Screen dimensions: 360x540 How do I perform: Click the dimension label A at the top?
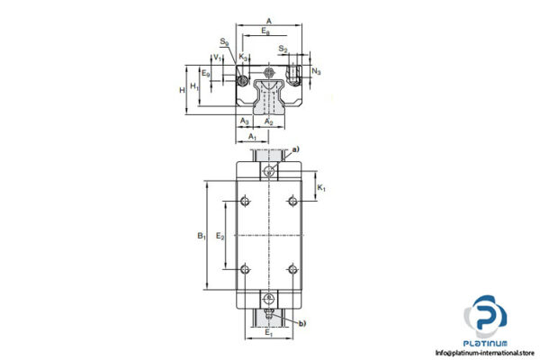point(269,20)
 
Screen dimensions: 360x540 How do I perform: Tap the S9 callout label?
point(223,41)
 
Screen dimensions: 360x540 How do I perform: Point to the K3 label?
point(244,57)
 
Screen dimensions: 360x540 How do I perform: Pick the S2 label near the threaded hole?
point(283,49)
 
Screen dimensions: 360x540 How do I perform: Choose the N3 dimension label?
point(316,71)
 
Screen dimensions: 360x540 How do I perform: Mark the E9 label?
point(205,73)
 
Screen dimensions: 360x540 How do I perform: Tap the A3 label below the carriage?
point(245,121)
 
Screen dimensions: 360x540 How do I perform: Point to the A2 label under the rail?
point(268,121)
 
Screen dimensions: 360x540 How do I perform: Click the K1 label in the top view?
point(322,189)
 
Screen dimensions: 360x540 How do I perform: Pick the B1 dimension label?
point(202,237)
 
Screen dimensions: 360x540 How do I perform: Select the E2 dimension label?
point(220,236)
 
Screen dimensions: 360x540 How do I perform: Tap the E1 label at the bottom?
point(269,333)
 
